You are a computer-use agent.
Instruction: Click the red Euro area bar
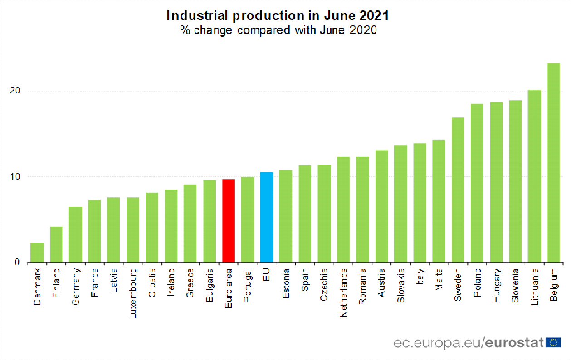[228, 221]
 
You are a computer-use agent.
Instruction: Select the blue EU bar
[267, 217]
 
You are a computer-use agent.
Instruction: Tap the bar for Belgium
[553, 163]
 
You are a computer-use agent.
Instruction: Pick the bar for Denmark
[37, 253]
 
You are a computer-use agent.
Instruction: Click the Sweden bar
[458, 190]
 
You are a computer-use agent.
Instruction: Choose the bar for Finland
[56, 244]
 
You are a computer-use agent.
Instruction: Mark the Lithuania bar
[534, 176]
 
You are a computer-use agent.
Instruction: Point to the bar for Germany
[75, 234]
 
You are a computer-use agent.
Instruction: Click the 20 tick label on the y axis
[15, 91]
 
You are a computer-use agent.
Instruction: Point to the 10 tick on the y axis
[15, 176]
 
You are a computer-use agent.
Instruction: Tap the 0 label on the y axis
[17, 262]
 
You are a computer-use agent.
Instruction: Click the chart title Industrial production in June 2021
[278, 15]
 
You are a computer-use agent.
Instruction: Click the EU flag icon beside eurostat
[553, 342]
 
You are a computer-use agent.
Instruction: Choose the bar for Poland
[477, 183]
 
